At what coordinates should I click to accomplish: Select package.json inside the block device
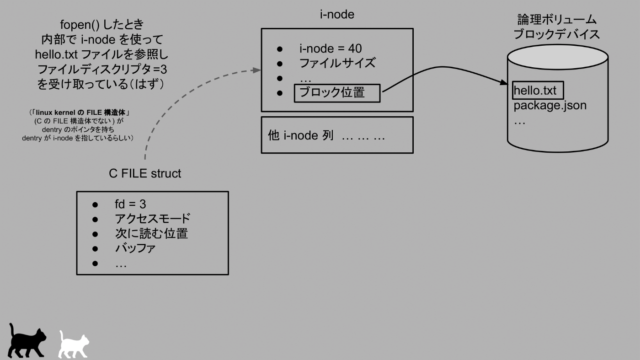tap(550, 106)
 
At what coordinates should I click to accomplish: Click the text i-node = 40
tap(331, 48)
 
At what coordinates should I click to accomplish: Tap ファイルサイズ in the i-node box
tap(337, 63)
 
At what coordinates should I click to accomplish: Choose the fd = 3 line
tap(130, 204)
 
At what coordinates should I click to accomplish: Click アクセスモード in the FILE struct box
tap(153, 219)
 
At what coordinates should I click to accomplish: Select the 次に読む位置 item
tap(151, 234)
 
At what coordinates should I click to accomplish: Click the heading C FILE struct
tap(145, 174)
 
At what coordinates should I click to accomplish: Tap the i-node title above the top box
tap(337, 15)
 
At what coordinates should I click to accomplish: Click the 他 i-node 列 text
tap(300, 136)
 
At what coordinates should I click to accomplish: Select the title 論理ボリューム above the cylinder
tap(557, 20)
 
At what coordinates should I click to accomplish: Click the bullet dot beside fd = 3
tap(95, 204)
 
